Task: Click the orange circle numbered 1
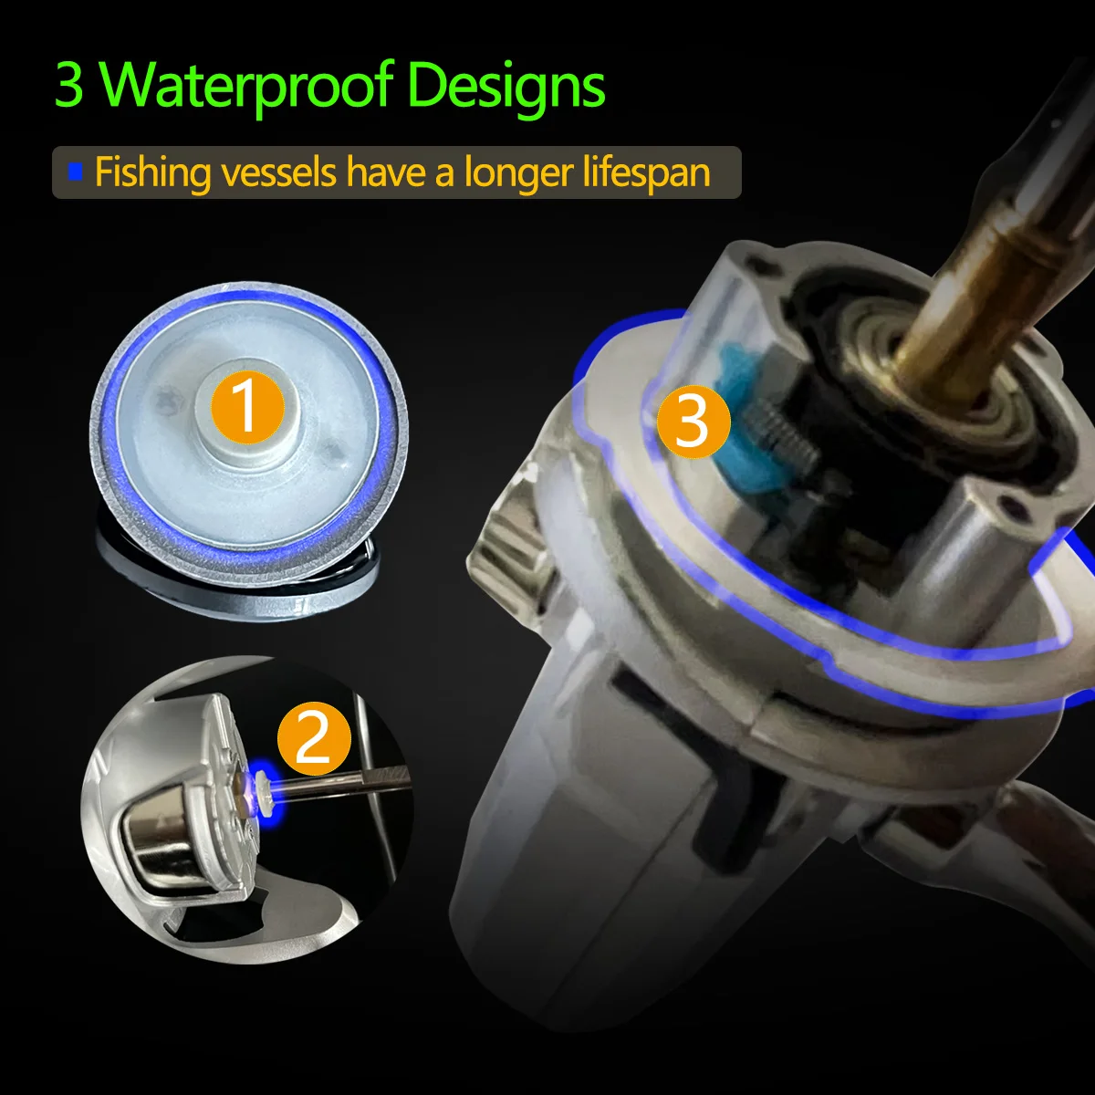247,407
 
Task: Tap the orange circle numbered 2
314,739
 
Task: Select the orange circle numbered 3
693,422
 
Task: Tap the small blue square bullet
75,171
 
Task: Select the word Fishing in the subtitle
153,172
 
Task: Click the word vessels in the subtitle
279,172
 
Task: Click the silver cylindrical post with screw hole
944,563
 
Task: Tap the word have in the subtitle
386,172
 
